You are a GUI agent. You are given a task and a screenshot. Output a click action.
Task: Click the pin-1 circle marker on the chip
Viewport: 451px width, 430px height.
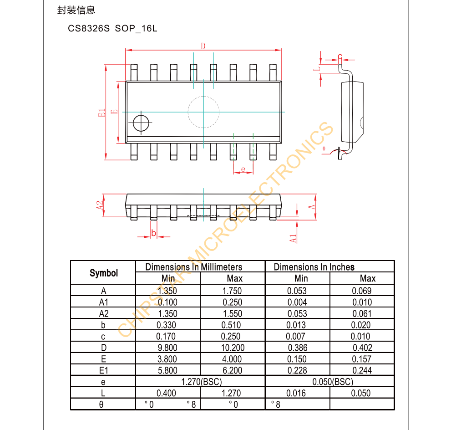[141, 123]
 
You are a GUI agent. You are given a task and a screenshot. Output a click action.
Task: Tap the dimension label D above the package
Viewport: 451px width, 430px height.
[203, 46]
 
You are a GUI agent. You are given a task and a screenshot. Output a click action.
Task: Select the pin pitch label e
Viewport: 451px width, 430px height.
[243, 169]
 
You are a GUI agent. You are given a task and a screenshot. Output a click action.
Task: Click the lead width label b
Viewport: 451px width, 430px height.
[154, 233]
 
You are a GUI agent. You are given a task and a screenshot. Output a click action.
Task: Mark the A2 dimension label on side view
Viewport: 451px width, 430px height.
[100, 205]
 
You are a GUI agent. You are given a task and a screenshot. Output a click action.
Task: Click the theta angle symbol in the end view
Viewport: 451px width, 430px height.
[324, 149]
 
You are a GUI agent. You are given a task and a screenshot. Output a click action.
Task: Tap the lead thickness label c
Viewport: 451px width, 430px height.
[340, 56]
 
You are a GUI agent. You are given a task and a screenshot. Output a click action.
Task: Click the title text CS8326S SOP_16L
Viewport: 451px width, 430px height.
[112, 29]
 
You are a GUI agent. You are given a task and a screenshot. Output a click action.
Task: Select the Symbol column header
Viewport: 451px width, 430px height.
[103, 273]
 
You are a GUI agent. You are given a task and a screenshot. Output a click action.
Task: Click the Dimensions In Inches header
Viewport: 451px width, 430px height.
[314, 267]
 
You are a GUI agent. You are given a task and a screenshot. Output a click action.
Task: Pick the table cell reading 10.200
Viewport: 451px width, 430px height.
[233, 348]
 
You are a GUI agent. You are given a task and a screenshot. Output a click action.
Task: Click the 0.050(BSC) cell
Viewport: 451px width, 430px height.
[330, 382]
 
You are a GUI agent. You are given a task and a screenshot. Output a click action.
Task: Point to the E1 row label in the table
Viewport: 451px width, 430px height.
[103, 370]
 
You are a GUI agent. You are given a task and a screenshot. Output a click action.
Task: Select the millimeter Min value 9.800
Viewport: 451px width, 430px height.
[167, 348]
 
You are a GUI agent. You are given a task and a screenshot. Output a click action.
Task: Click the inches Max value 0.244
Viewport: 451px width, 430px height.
[361, 370]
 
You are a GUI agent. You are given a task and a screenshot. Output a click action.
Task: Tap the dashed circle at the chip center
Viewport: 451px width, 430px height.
[203, 112]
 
